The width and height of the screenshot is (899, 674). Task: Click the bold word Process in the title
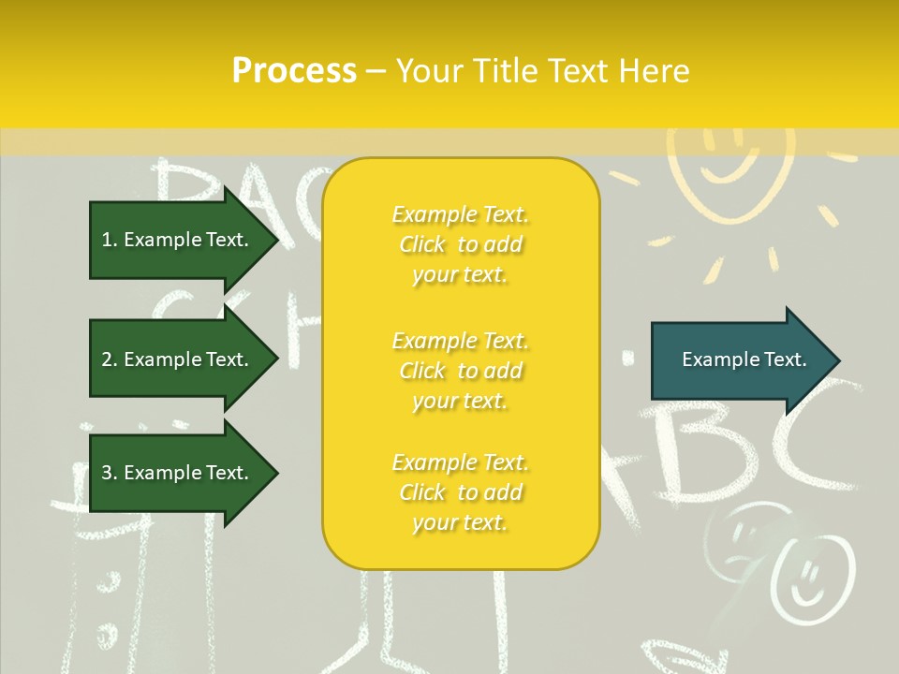coord(294,71)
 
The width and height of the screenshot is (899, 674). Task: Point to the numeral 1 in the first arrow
coord(107,240)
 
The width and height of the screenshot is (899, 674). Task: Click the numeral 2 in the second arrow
coord(108,359)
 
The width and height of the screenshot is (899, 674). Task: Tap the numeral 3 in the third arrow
coord(108,473)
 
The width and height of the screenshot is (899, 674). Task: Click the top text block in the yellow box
coord(461,244)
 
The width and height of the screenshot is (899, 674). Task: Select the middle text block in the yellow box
coord(461,371)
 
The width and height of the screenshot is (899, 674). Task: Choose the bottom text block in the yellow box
coord(461,492)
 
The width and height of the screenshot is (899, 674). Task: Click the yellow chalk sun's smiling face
coord(727,154)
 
